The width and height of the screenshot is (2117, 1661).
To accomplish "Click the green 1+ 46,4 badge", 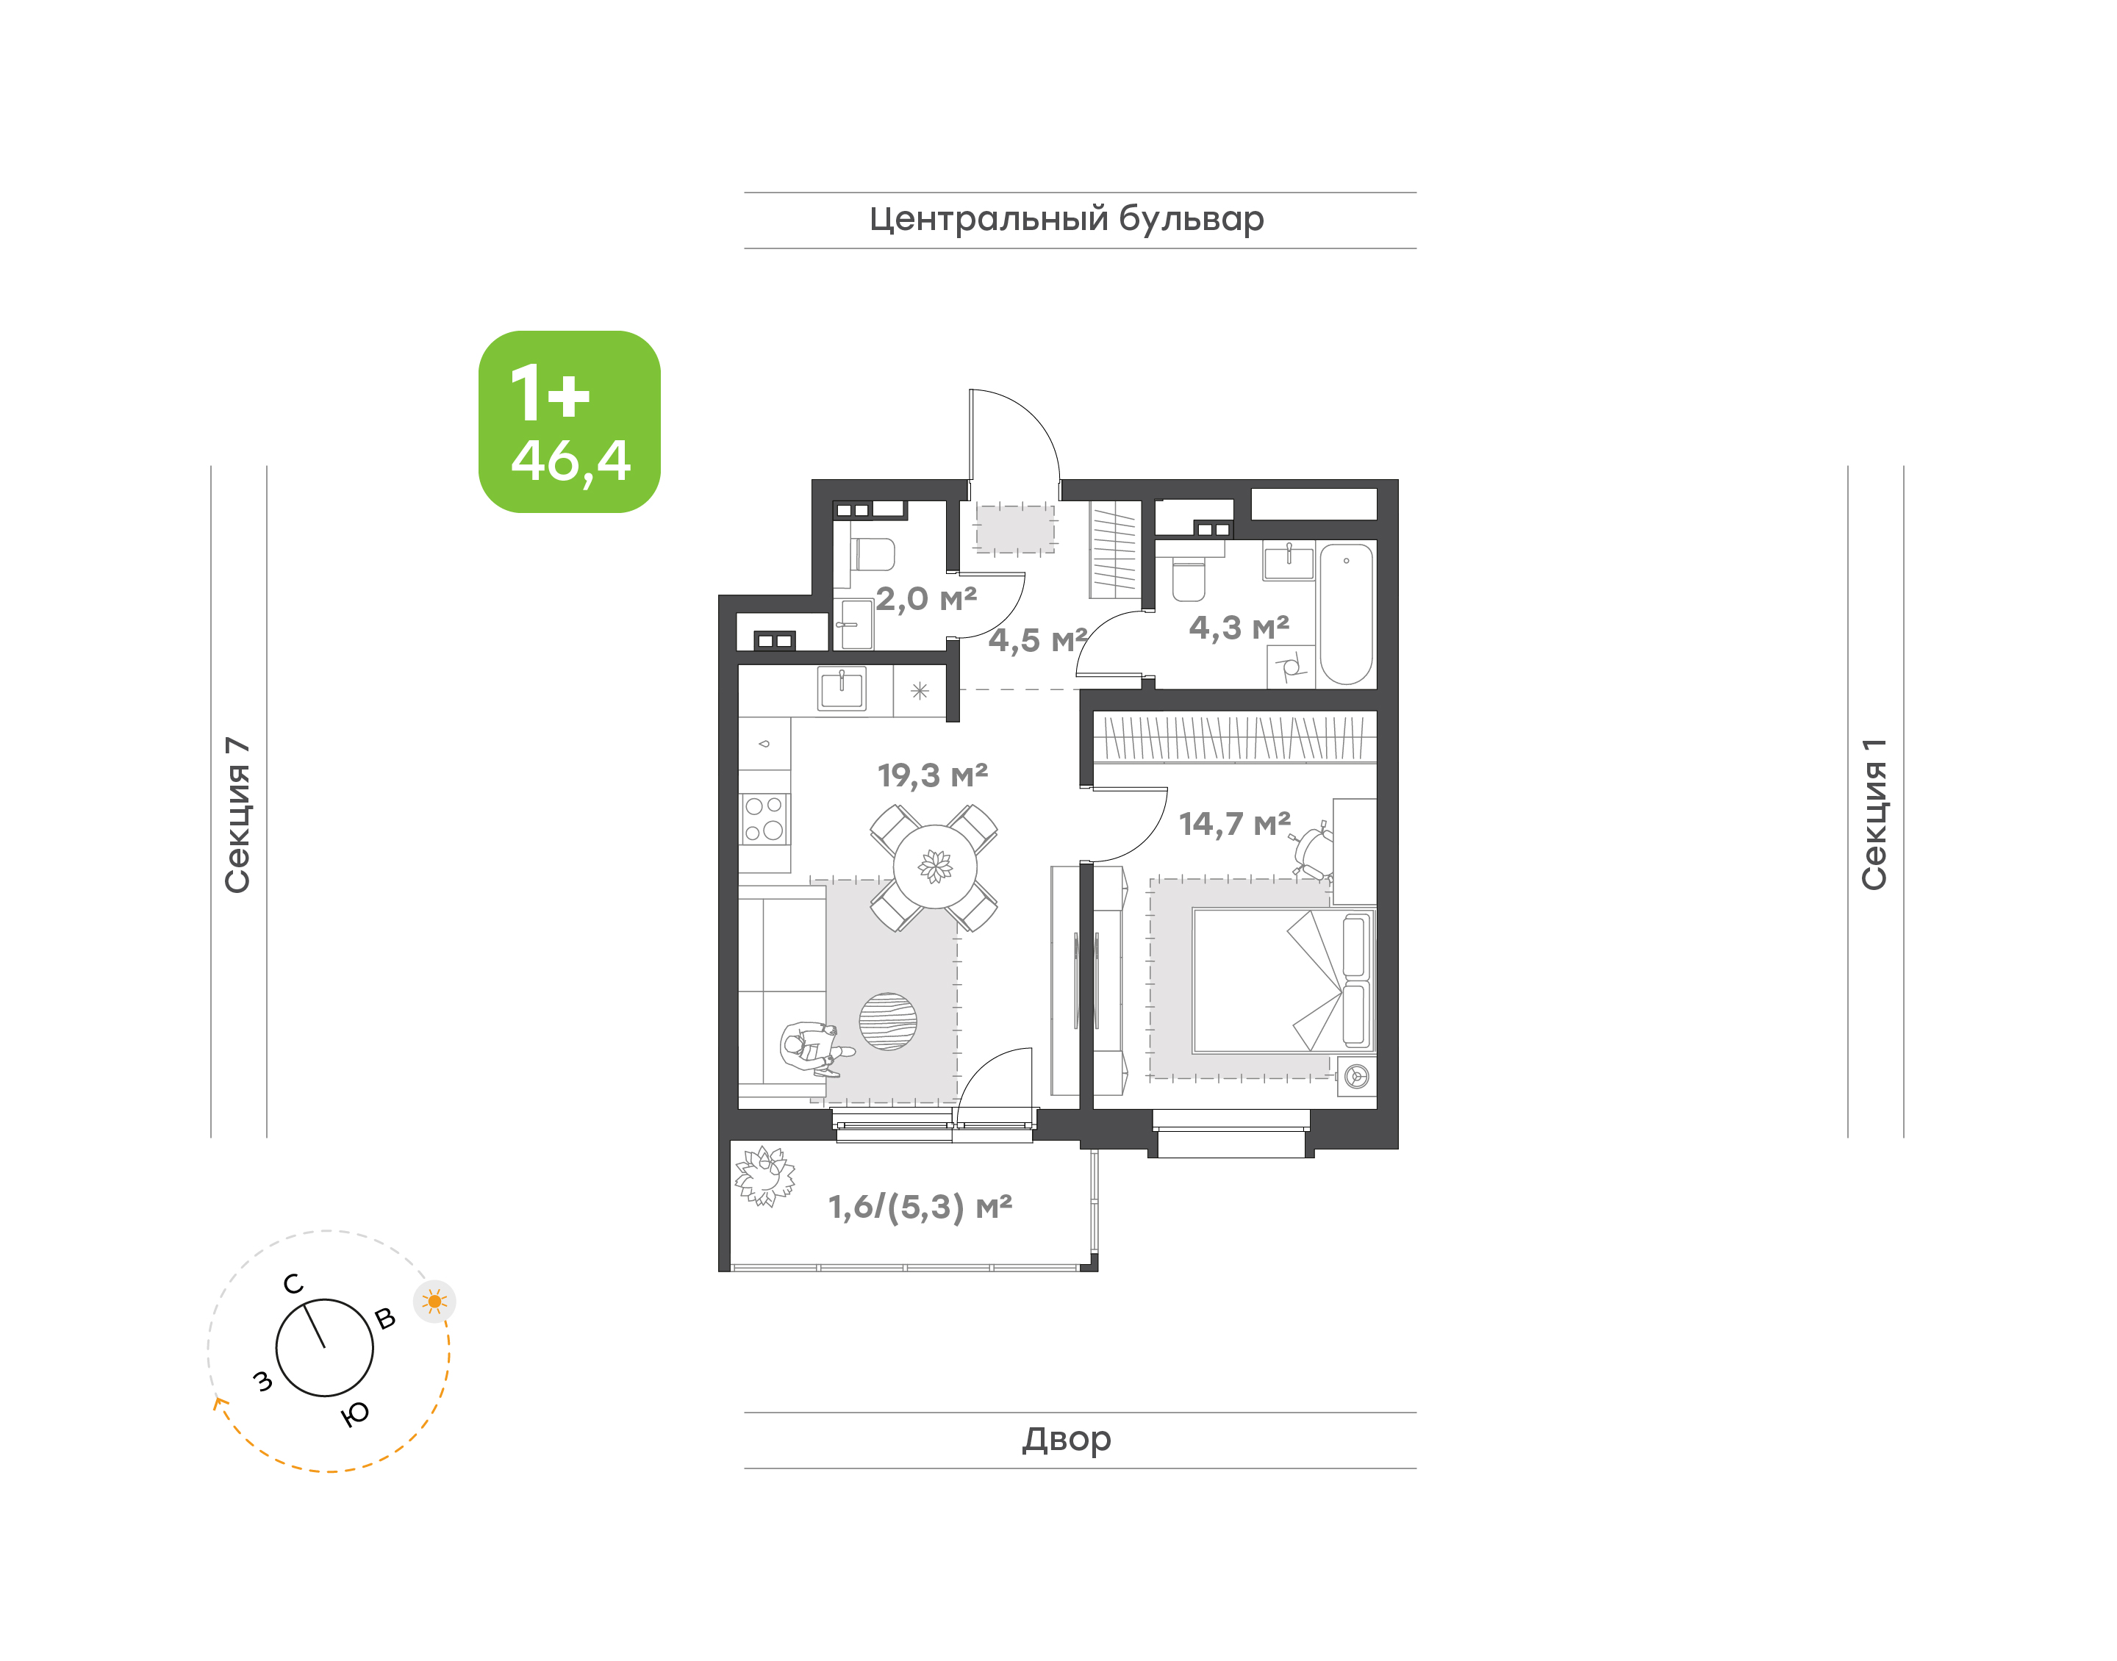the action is [x=569, y=421].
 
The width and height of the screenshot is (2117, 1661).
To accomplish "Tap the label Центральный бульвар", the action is [x=1067, y=220].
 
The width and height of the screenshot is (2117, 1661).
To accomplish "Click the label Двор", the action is [x=1067, y=1439].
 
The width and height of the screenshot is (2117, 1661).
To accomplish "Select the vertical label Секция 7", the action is [x=237, y=815].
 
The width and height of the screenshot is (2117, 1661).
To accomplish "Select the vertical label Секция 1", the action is [x=1874, y=814].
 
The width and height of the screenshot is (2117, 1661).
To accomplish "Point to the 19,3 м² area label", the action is [x=933, y=775].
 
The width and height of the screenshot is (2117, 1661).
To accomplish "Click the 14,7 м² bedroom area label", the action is [x=1235, y=824].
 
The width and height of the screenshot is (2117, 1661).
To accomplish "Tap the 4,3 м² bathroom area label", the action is [x=1239, y=627].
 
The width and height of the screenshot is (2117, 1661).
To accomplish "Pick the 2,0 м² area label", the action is [x=925, y=598].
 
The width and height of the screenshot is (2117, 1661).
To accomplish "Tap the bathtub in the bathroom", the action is [x=1346, y=614].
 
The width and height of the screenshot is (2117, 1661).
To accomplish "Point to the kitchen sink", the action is [x=842, y=689].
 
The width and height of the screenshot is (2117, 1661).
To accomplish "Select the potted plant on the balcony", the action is [x=764, y=1176].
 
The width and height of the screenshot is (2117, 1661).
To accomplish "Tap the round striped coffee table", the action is [x=888, y=1021].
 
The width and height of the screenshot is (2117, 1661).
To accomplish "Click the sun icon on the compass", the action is [x=434, y=1301].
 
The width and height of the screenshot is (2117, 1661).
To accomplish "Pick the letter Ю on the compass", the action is [x=355, y=1414].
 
